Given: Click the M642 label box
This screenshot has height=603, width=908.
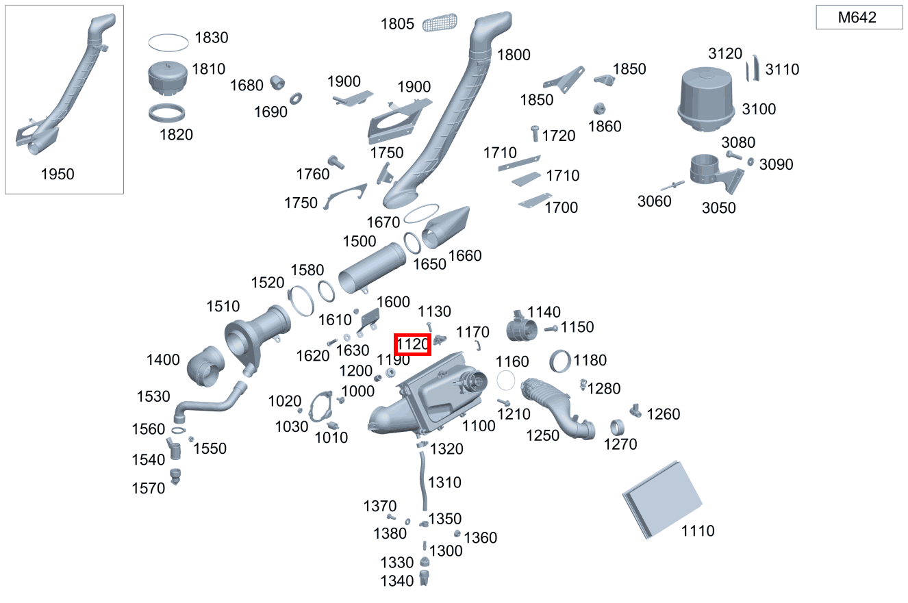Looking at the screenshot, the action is tap(859, 17).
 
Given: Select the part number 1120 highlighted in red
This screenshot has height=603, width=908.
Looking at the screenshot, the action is tap(412, 344).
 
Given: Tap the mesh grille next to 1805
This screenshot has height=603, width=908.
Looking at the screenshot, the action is tap(440, 23).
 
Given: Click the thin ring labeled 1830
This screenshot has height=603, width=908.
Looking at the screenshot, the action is tap(168, 42).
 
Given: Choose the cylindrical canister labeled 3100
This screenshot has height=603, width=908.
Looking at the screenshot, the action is tap(706, 100).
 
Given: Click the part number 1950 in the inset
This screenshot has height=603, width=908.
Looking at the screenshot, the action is tap(58, 175).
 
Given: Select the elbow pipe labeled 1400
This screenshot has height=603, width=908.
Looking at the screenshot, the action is tap(205, 366).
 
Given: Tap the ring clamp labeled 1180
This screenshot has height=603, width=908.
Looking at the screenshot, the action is tap(560, 361).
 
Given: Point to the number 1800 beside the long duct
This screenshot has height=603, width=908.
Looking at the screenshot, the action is tap(514, 55).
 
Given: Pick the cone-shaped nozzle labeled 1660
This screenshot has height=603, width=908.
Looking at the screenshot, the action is tap(446, 227).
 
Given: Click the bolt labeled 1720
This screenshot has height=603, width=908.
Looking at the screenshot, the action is tap(535, 133).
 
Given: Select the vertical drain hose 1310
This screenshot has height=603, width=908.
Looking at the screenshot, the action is tap(423, 481).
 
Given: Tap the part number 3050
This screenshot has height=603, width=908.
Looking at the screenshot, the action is tap(719, 208).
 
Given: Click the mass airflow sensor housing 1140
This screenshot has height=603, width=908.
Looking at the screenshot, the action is tap(522, 327).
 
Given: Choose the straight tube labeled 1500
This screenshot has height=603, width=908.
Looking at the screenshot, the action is tap(372, 268).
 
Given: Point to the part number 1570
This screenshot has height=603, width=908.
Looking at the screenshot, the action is tap(149, 488).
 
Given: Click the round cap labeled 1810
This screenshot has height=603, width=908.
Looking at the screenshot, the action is tap(168, 79).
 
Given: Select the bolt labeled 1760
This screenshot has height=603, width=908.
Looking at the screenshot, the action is tap(336, 162).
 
